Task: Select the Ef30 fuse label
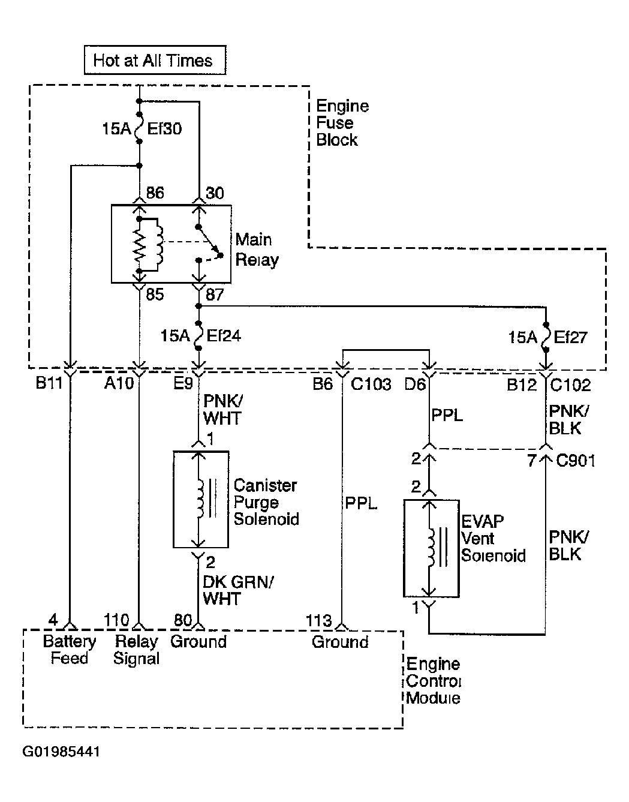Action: coord(164,129)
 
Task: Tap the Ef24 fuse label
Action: coord(224,336)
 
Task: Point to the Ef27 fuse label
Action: coord(570,337)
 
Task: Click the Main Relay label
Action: coord(257,250)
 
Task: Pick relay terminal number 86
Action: coord(155,193)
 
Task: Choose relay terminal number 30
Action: coord(215,193)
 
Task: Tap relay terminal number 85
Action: coord(155,294)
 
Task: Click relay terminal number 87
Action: coord(215,295)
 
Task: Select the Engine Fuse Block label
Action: coord(342,123)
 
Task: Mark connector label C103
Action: coord(371,385)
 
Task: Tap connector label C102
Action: coord(570,385)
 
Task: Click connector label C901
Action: coord(575,461)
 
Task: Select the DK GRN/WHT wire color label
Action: coord(238,590)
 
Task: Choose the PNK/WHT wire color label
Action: coord(223,410)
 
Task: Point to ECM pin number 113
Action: coord(319,621)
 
